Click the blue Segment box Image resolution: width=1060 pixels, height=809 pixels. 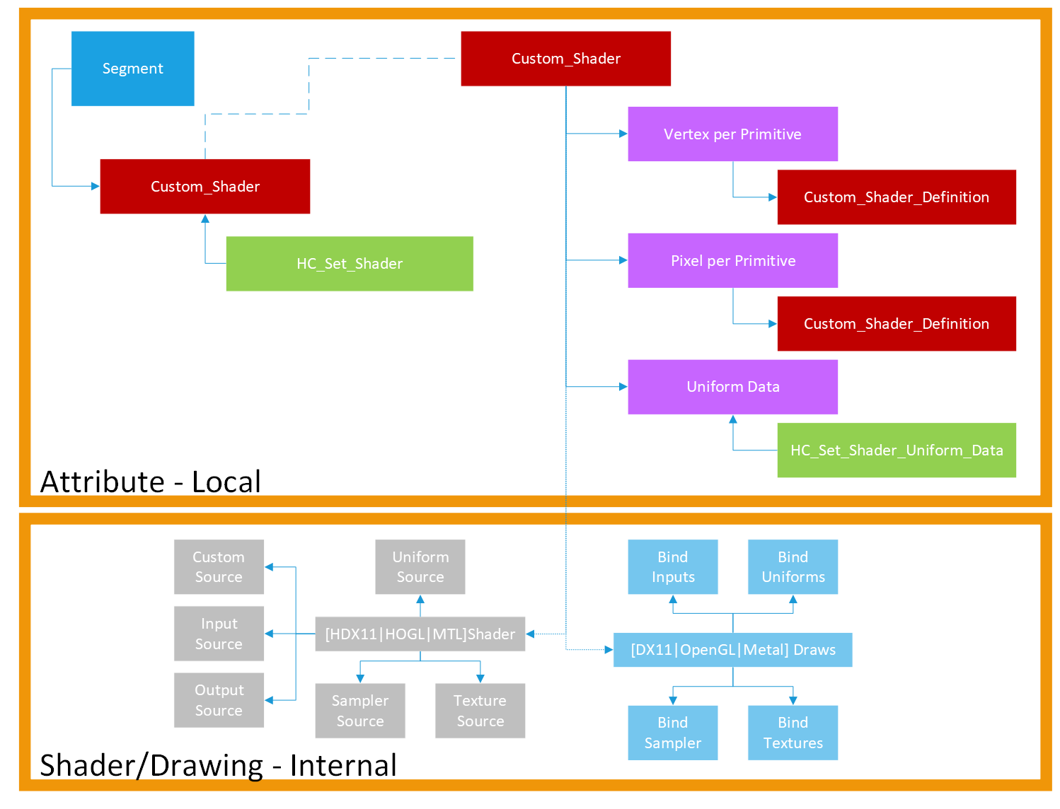click(133, 69)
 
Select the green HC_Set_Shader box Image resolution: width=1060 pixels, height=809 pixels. click(350, 264)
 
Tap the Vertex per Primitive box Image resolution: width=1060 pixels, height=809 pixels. click(732, 134)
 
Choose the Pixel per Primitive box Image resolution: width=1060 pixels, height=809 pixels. click(732, 261)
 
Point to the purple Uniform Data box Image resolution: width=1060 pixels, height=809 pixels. click(732, 387)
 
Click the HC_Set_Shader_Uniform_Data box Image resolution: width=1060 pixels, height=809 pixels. click(896, 450)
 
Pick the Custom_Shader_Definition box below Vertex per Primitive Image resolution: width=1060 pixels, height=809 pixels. click(896, 197)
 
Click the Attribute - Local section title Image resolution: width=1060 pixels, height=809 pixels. click(151, 482)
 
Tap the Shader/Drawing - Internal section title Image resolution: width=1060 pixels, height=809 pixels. click(218, 765)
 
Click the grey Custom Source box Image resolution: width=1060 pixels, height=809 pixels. click(219, 567)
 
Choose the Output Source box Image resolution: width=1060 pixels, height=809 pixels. click(219, 700)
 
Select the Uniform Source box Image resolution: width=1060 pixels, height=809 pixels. click(420, 567)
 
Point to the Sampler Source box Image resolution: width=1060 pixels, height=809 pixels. click(360, 711)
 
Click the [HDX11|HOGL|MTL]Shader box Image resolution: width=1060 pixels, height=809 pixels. click(420, 634)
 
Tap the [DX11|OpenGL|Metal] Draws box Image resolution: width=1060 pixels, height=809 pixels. click(732, 650)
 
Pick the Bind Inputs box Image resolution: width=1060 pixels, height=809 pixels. click(673, 567)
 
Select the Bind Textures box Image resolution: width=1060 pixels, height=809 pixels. click(793, 733)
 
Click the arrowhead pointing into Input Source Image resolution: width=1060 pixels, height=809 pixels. click(269, 634)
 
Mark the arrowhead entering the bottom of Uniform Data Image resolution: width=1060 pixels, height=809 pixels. click(733, 419)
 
